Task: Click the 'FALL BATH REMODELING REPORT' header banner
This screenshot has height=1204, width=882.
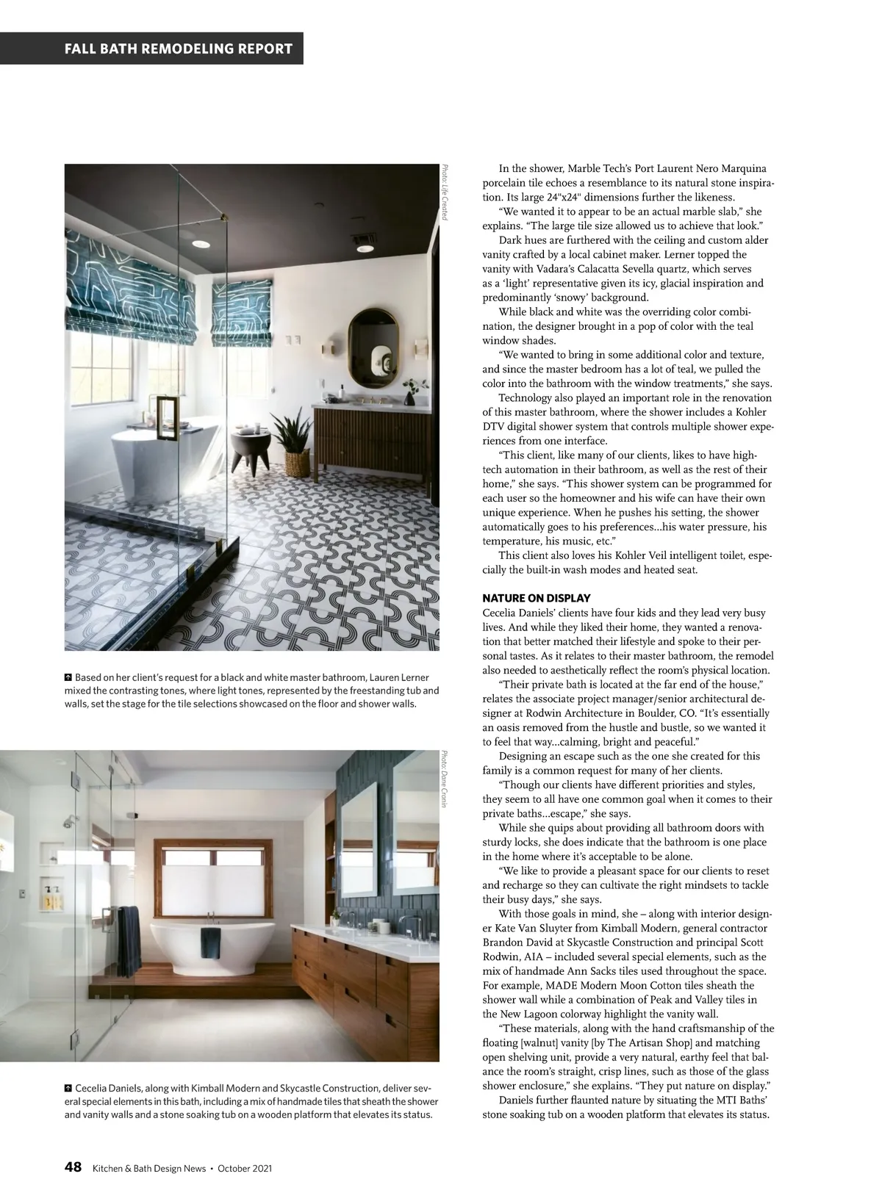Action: click(179, 49)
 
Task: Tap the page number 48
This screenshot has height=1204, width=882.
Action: click(73, 1167)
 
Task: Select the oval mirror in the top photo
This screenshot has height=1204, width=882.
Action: click(371, 347)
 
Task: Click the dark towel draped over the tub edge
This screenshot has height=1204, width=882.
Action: click(210, 942)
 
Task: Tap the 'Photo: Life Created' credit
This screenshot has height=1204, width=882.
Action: click(444, 192)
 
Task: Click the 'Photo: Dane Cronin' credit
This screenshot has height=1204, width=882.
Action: click(444, 779)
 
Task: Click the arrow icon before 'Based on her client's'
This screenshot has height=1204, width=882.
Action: click(68, 677)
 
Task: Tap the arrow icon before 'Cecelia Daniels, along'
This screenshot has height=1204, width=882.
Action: click(68, 1088)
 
